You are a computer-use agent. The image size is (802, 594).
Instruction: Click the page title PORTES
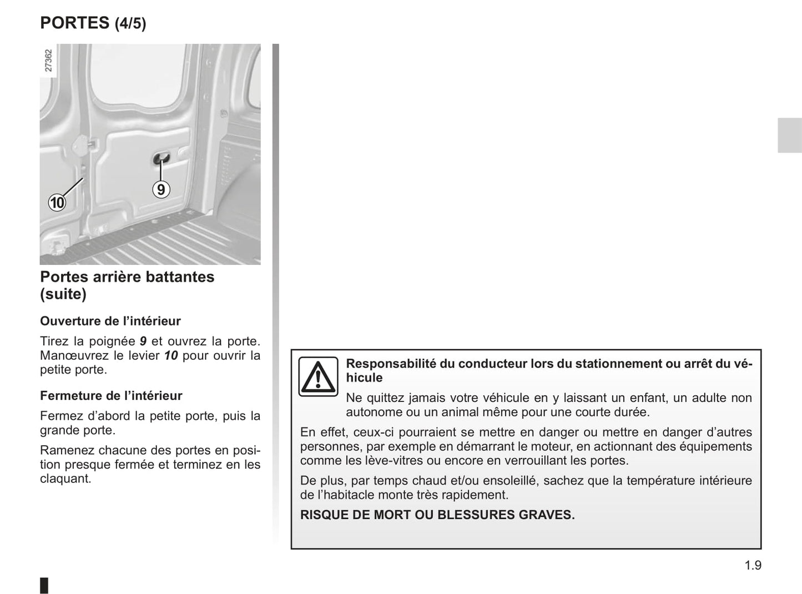(75, 23)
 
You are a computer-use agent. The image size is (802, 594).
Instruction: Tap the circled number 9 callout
(160, 190)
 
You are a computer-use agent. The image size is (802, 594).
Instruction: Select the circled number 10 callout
(57, 203)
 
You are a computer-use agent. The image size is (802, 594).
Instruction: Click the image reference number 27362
(48, 61)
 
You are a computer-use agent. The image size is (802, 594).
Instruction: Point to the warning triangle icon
(318, 376)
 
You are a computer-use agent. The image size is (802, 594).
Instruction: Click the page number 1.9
(753, 565)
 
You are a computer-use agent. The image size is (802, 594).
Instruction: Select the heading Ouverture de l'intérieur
(110, 321)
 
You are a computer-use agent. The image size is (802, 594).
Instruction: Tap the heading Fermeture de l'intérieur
(111, 396)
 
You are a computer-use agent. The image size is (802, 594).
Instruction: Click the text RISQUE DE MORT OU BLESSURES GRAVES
(437, 515)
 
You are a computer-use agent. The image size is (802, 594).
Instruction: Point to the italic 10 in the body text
(171, 355)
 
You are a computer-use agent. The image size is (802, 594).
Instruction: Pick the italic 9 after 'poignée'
(143, 341)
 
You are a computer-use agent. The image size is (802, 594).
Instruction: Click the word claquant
(65, 479)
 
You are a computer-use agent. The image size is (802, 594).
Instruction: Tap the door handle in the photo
(161, 159)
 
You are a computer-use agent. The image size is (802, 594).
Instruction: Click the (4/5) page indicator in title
(130, 24)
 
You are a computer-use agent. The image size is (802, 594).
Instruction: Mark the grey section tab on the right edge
(789, 135)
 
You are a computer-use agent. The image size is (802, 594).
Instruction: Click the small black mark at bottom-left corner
(44, 585)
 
